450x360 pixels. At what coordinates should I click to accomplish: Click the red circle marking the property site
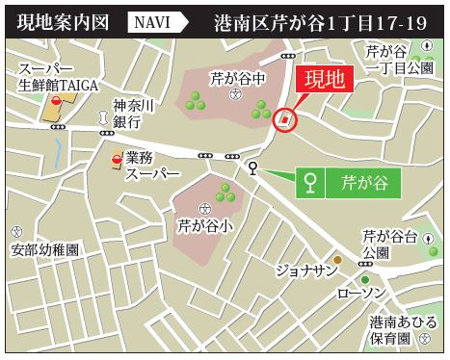point(284,120)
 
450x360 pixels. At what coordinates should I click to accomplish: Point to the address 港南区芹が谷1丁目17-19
point(317,19)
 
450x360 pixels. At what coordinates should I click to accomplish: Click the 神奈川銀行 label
point(127,114)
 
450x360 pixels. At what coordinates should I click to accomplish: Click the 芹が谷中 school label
point(235,77)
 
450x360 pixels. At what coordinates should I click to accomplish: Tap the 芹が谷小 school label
point(203,227)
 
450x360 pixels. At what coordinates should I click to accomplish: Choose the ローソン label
point(361,293)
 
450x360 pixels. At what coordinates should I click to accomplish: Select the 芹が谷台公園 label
point(389,244)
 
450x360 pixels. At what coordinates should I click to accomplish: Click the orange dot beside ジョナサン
point(337,260)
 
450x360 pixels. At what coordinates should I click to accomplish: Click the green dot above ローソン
point(365,279)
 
